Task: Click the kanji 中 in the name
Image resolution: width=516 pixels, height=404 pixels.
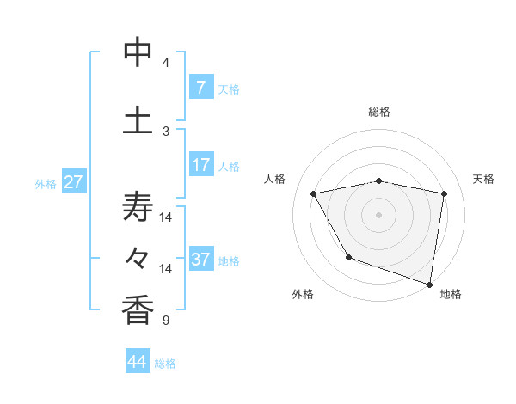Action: [138, 53]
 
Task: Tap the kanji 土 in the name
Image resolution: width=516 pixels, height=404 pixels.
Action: [138, 119]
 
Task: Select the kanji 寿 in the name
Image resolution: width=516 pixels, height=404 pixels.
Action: [138, 206]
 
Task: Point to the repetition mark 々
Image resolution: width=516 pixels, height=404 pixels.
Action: [138, 257]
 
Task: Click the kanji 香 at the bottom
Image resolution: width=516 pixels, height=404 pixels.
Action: [138, 309]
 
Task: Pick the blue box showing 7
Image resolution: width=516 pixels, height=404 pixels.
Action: [200, 88]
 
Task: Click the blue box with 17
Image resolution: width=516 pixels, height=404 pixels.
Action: [200, 165]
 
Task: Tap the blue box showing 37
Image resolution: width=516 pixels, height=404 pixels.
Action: [200, 260]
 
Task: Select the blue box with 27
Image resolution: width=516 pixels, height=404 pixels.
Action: [73, 182]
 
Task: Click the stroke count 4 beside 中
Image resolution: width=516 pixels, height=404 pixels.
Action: [166, 63]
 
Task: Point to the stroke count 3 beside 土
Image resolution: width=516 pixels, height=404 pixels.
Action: [166, 131]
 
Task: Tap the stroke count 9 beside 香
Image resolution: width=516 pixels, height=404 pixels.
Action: [166, 321]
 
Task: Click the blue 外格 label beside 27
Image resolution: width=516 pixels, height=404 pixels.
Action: [45, 183]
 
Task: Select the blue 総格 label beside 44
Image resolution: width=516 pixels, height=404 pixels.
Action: [165, 364]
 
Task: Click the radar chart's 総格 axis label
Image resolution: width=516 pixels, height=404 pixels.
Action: [379, 112]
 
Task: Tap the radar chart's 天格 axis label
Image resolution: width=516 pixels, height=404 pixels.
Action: [484, 179]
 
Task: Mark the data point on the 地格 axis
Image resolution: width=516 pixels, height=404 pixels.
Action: [430, 284]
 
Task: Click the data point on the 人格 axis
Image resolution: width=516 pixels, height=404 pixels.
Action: [314, 194]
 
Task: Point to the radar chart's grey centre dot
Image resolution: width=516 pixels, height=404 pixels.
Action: [379, 215]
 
